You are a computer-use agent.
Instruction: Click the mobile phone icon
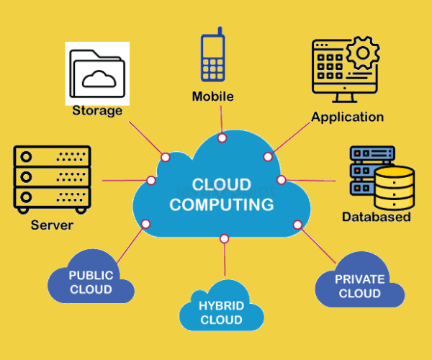[212, 58]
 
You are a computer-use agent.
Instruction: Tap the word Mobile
[213, 96]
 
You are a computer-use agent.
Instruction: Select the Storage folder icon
[97, 73]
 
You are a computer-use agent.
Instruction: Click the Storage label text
[97, 111]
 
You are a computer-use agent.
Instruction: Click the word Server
[52, 225]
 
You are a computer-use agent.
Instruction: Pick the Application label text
[347, 117]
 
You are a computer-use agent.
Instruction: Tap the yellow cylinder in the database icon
[395, 186]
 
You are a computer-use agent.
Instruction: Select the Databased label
[376, 217]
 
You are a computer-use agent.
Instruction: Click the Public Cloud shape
[91, 282]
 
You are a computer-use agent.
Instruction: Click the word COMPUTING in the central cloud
[221, 204]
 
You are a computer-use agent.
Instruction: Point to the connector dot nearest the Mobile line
[222, 137]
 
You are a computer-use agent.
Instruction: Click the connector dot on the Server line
[151, 180]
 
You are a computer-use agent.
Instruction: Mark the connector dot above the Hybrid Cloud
[225, 238]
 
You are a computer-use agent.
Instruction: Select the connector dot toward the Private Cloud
[297, 225]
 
